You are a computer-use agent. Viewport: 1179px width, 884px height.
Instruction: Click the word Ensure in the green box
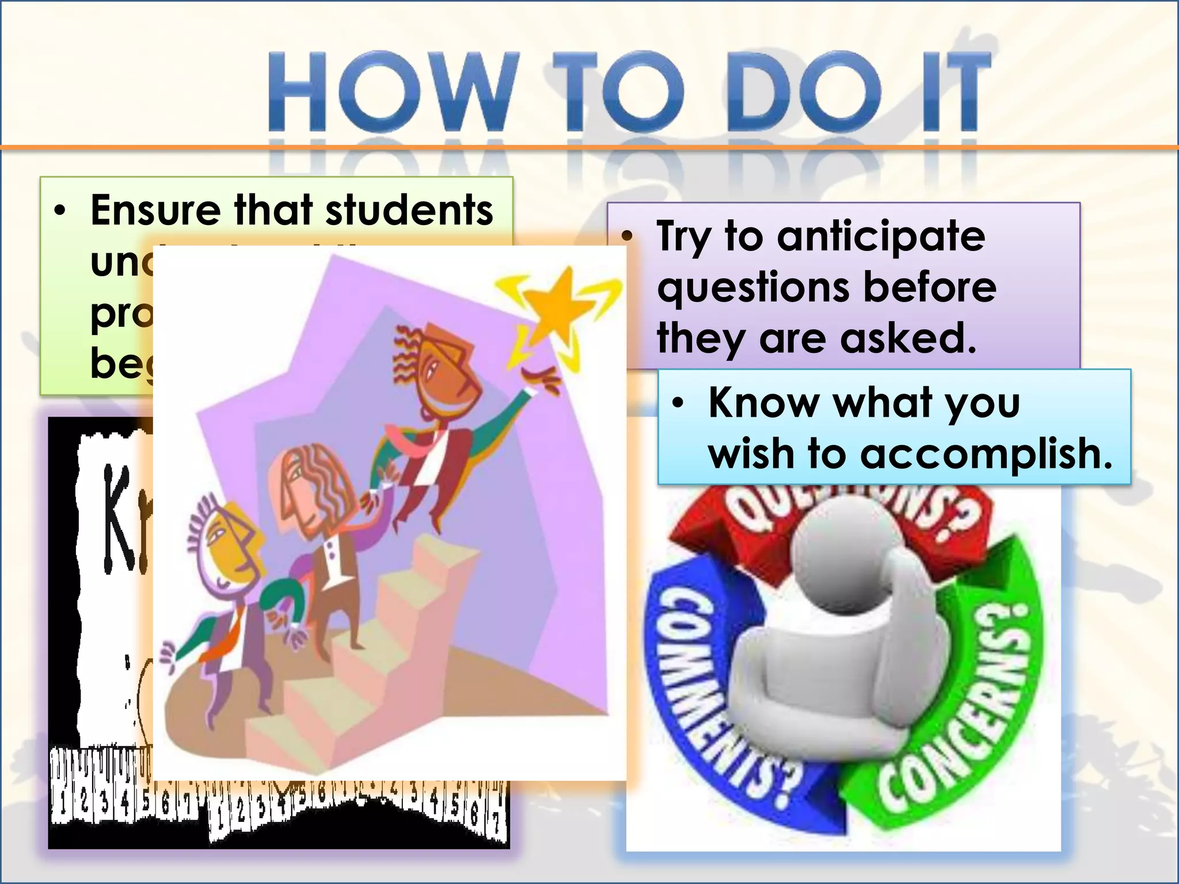pos(155,210)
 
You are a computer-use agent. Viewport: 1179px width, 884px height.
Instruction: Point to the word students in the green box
pos(409,210)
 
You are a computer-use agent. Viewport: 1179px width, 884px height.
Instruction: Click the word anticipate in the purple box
pos(881,236)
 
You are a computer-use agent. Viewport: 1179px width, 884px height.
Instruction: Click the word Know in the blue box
pos(763,403)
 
